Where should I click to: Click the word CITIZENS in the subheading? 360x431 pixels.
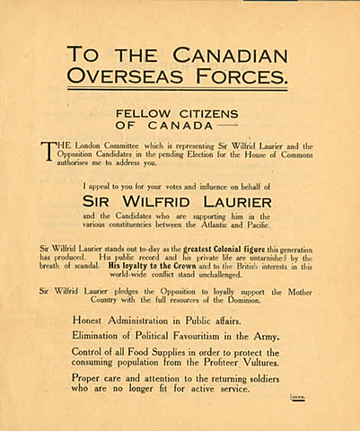click(207, 113)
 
